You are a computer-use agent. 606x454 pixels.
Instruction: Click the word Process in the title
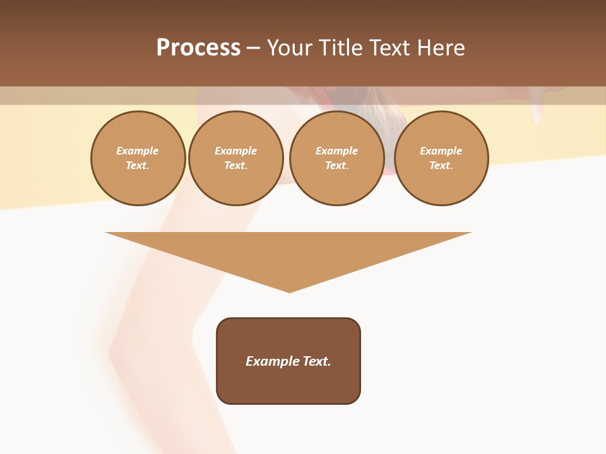[198, 48]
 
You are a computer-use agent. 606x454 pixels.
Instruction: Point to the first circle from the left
[138, 158]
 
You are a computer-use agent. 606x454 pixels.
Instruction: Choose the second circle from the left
[236, 158]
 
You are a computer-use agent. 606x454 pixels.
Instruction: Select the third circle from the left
[337, 158]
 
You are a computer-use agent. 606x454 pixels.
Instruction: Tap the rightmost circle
[441, 158]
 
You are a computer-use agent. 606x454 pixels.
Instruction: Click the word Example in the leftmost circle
[138, 151]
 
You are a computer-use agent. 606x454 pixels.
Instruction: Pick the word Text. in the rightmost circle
[441, 165]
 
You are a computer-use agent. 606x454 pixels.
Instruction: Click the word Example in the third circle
[337, 151]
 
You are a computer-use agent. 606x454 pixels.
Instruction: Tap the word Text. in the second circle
[236, 165]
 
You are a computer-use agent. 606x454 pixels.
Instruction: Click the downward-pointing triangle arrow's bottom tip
[289, 291]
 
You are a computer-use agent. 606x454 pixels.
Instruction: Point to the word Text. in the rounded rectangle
[317, 361]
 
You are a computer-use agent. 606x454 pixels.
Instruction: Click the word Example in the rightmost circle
[441, 151]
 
